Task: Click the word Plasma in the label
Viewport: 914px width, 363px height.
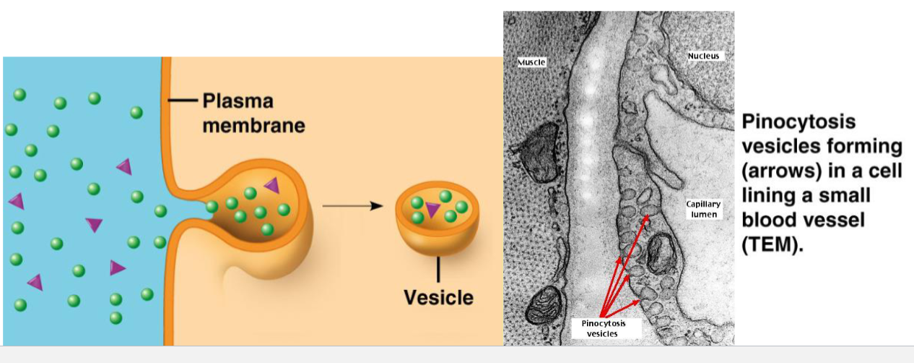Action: (238, 101)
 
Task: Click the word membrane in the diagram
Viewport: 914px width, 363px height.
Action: (253, 125)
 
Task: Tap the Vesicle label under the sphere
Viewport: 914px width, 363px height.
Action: (439, 297)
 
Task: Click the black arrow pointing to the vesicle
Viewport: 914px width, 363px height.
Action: (352, 206)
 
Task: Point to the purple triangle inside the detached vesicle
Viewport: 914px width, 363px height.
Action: (432, 210)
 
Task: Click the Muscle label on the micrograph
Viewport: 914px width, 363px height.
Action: (531, 62)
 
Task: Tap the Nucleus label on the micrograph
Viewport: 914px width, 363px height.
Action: (704, 56)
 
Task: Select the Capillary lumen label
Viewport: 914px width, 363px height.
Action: (703, 210)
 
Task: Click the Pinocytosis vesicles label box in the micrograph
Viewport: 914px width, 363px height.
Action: (603, 328)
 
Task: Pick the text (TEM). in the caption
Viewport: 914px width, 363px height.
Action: (772, 244)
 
